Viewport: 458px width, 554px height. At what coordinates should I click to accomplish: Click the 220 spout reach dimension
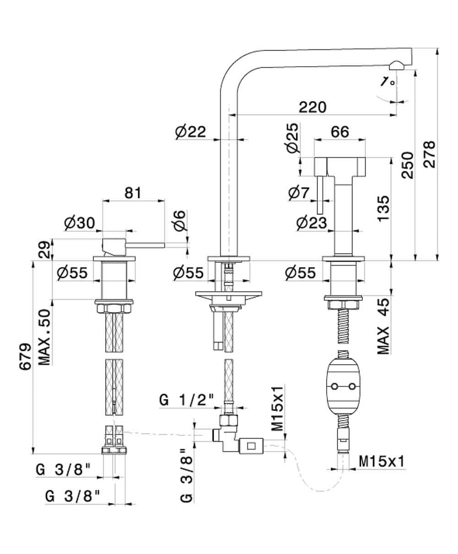(x=313, y=107)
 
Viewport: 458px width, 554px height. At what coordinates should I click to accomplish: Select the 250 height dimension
(x=407, y=165)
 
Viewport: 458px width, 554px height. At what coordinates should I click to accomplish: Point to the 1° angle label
(x=387, y=82)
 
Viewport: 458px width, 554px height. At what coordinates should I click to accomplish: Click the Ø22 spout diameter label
(x=191, y=132)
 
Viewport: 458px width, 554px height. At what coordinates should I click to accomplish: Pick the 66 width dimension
(x=339, y=132)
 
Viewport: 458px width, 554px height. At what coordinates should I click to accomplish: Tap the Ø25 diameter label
(x=292, y=138)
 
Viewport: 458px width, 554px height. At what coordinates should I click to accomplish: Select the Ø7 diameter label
(x=300, y=194)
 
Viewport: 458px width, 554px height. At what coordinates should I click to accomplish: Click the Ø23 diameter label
(x=311, y=223)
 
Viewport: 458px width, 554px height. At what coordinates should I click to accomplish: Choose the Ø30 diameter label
(x=79, y=223)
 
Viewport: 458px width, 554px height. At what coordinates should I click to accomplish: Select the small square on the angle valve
(x=251, y=445)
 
